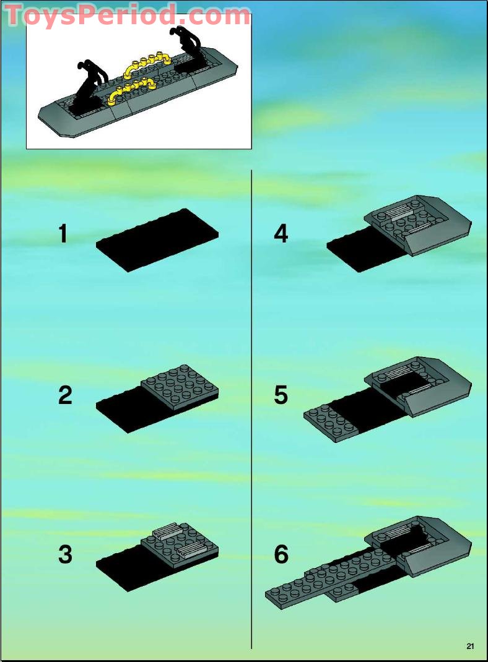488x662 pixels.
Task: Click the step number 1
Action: point(63,233)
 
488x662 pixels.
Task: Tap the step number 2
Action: point(65,395)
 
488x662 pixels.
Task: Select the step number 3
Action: point(65,554)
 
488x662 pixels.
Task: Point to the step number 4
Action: point(281,233)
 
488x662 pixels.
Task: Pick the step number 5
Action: point(281,395)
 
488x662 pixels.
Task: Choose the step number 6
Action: point(281,554)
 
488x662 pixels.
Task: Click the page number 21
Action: point(470,646)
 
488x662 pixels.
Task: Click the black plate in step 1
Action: point(157,240)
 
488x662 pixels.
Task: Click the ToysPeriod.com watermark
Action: point(128,15)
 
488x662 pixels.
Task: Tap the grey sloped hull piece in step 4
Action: point(418,225)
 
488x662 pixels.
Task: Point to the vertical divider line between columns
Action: point(251,409)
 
